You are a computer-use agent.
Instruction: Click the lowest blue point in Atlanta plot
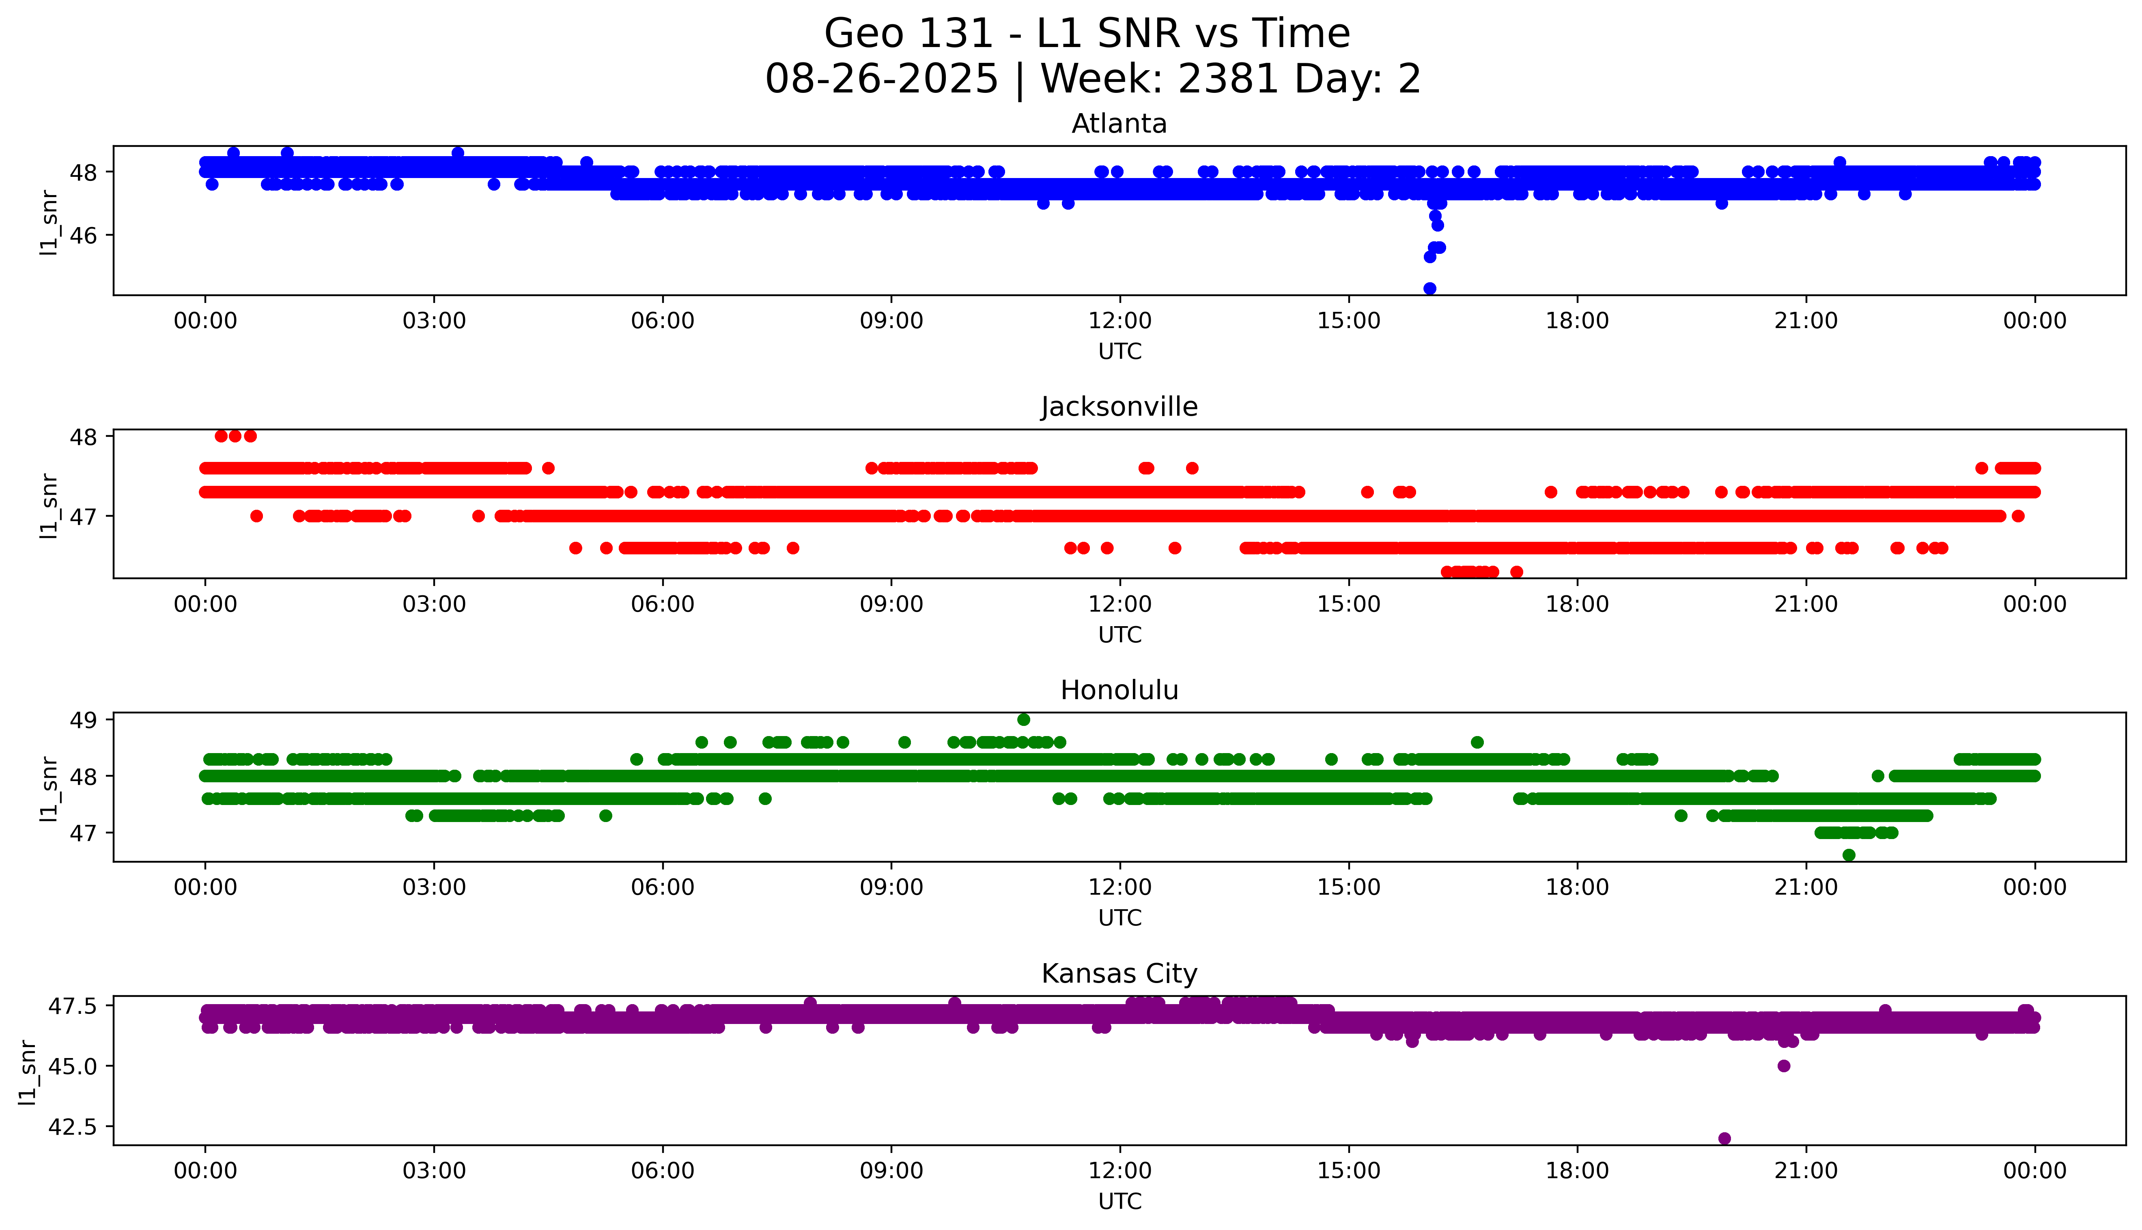(x=1429, y=288)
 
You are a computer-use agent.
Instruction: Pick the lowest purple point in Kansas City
(x=1724, y=1138)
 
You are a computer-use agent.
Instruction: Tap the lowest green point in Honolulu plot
(x=1849, y=855)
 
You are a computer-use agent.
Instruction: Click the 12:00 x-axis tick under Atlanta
(x=1119, y=321)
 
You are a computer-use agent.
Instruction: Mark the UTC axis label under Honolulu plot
(x=1119, y=917)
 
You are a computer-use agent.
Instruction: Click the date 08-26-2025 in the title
(x=881, y=79)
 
